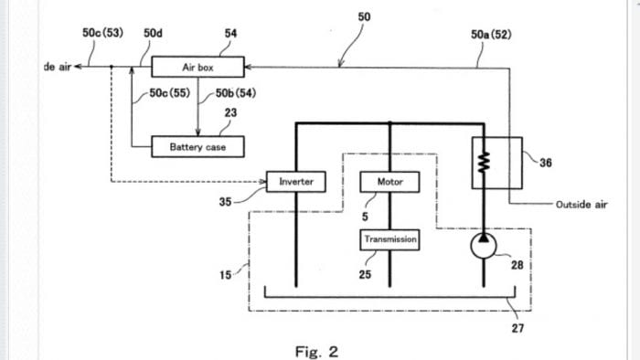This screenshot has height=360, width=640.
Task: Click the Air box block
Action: pos(197,67)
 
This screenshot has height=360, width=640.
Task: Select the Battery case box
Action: pos(197,146)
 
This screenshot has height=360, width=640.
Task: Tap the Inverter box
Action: pos(295,181)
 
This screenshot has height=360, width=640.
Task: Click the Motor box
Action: pos(390,181)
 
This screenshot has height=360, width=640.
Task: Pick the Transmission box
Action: pos(390,239)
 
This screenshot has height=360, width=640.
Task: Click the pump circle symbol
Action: pos(485,244)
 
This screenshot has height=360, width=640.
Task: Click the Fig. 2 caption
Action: pos(316,351)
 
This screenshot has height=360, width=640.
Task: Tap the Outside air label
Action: pos(581,205)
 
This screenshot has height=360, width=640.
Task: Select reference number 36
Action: pos(546,164)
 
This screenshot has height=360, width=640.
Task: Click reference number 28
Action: pos(517,265)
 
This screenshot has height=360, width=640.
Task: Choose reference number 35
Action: pos(225,201)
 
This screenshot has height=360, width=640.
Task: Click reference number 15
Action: pos(225,277)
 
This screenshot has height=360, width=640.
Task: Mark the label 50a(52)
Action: pos(491,34)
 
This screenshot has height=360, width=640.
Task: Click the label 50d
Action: pos(154,34)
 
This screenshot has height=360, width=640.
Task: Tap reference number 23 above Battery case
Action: pos(230,112)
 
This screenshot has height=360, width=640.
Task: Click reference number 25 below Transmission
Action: pos(365,275)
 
